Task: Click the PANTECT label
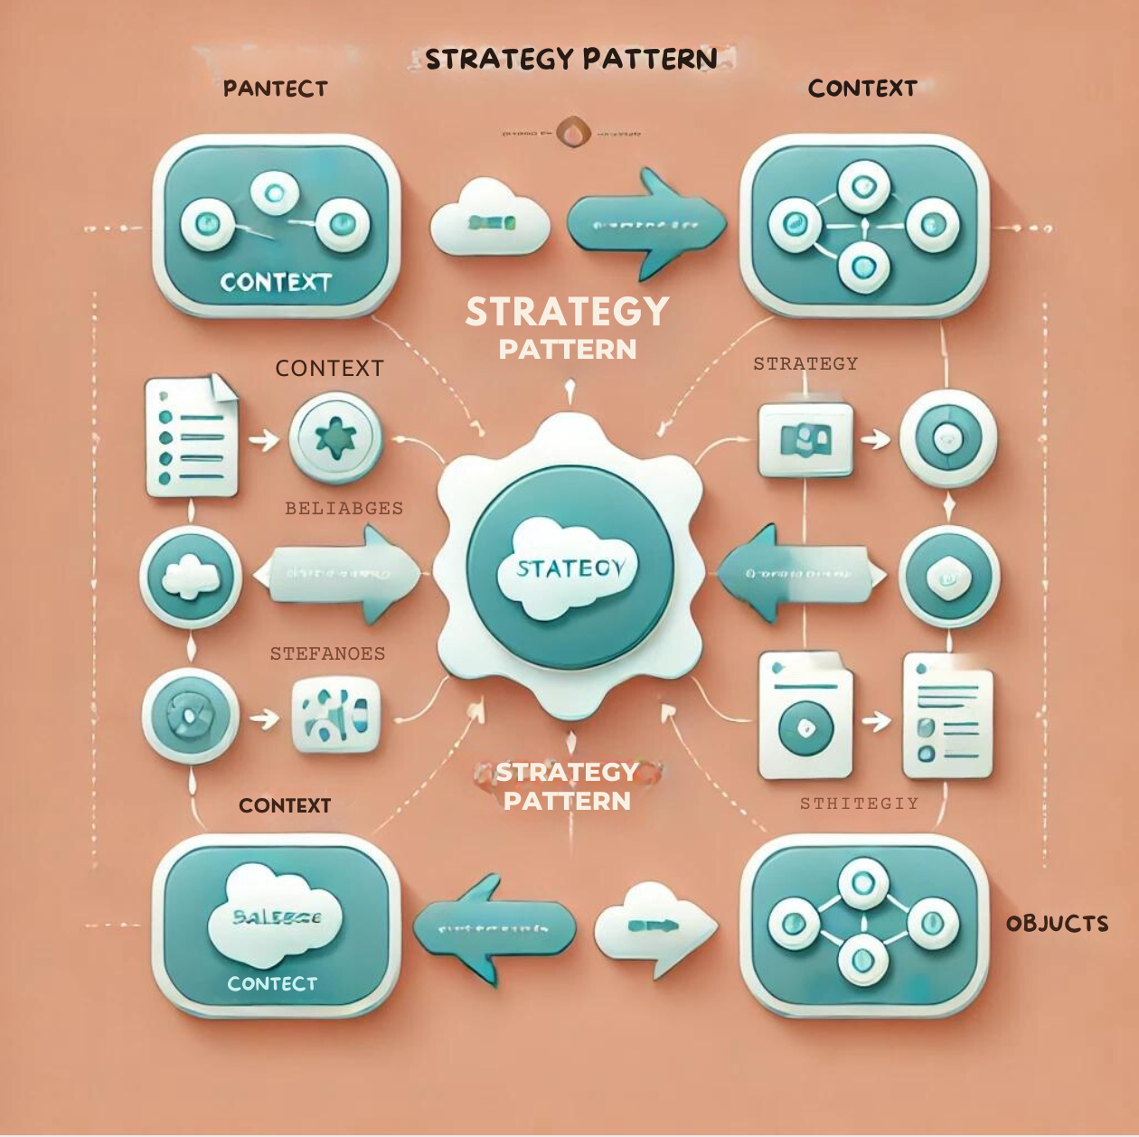275,89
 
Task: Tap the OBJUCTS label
1057,924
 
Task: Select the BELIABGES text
344,508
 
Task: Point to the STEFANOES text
327,653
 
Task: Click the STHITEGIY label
859,803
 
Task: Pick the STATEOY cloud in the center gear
569,568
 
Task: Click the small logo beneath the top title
572,133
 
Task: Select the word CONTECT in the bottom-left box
272,983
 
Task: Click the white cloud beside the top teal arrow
490,220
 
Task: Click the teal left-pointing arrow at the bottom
494,928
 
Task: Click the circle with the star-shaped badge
334,438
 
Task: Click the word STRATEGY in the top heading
502,60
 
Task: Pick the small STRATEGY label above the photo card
805,363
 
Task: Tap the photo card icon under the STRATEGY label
805,440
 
